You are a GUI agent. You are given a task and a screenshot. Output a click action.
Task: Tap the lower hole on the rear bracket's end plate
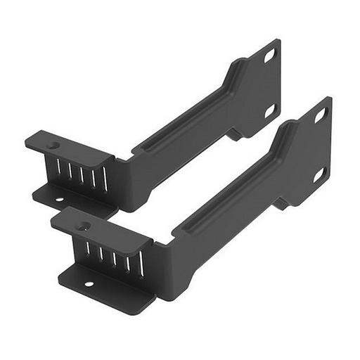pos(269,111)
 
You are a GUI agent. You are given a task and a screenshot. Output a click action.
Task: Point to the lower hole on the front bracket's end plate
pos(320,173)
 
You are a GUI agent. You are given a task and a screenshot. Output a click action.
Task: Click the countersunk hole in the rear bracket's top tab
pos(53,146)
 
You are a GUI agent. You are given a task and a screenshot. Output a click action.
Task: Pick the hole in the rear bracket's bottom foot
pos(58,200)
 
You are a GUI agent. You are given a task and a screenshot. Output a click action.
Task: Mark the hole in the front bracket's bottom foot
pos(89,284)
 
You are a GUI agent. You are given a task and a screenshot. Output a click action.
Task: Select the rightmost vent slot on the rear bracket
pos(105,179)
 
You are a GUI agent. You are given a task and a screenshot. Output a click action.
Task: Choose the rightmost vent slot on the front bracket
pos(140,263)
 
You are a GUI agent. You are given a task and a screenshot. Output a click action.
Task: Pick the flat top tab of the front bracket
pos(102,228)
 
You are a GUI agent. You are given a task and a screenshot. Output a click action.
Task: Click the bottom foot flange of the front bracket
pos(105,288)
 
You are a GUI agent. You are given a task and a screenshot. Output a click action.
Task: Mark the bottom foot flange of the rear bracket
pos(70,200)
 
